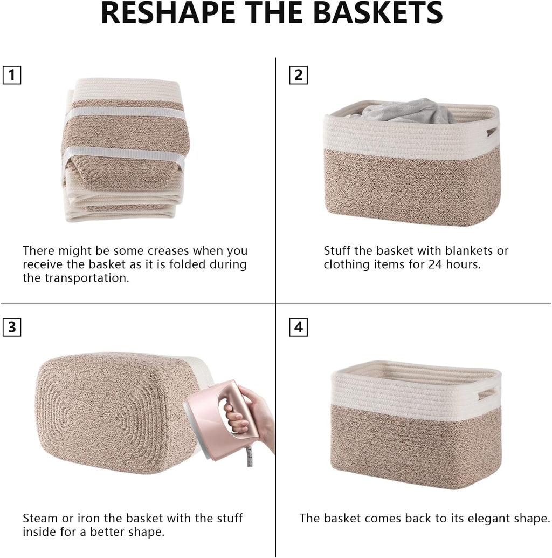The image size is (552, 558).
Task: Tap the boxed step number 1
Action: coord(11,75)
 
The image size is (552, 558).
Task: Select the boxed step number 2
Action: coord(298,75)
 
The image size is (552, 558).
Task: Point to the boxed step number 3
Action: coord(11,327)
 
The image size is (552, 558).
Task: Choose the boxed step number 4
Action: coord(298,327)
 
